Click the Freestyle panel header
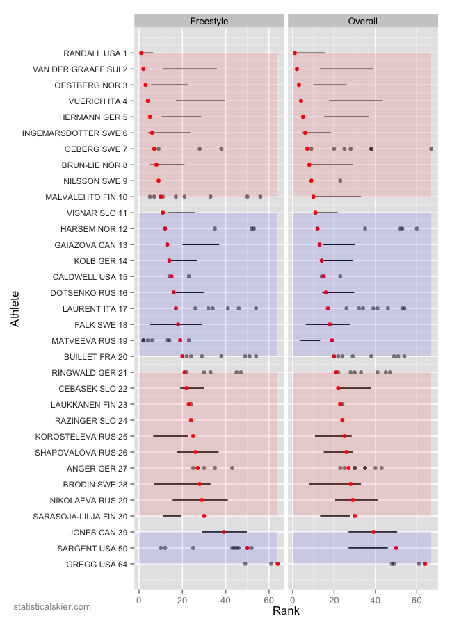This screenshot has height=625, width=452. pos(209,22)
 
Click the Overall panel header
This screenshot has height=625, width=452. pos(362,22)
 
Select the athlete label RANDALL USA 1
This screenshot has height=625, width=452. pos(95,53)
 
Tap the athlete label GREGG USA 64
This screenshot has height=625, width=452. pos(98,564)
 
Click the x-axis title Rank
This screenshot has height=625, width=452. pos(286,611)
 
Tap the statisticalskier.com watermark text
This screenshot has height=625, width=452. pos(52,607)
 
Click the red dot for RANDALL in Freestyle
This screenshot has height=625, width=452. pos(141,53)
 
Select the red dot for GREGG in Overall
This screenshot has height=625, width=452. pos(425,564)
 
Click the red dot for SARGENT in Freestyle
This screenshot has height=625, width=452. pos(248,548)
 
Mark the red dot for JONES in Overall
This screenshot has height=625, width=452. pos(373,532)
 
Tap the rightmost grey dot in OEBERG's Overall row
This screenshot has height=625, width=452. pos(431,149)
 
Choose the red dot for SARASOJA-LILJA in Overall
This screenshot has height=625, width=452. pos(355,516)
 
